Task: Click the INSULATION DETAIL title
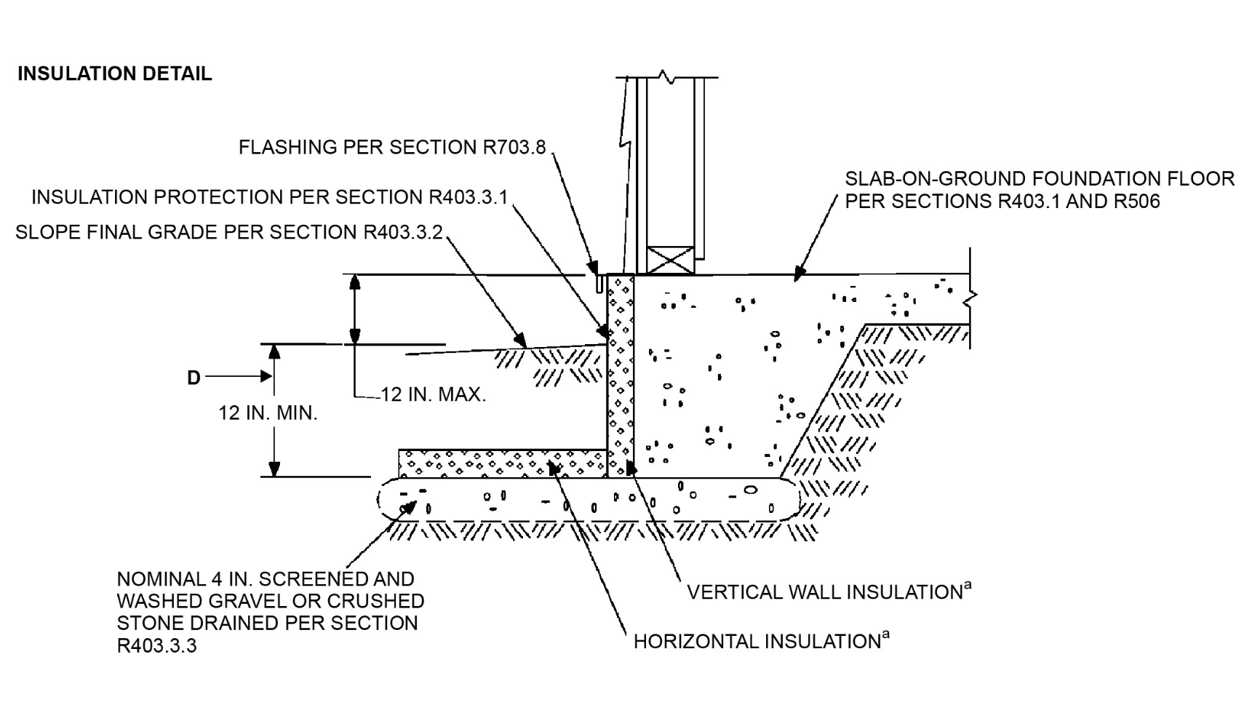114,74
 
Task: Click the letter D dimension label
194,378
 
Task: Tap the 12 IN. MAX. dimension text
433,395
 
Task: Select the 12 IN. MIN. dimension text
268,413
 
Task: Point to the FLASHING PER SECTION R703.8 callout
392,147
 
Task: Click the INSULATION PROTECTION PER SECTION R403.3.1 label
270,197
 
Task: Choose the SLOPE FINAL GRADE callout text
229,232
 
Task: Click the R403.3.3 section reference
156,646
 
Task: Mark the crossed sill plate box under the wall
670,260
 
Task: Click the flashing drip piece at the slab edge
599,283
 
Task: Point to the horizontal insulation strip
503,463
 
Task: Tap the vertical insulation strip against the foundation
621,376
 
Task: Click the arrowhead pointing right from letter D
266,376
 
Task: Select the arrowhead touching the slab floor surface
800,274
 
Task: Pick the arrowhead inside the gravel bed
408,508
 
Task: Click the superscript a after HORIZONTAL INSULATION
885,634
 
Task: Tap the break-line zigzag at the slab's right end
972,298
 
